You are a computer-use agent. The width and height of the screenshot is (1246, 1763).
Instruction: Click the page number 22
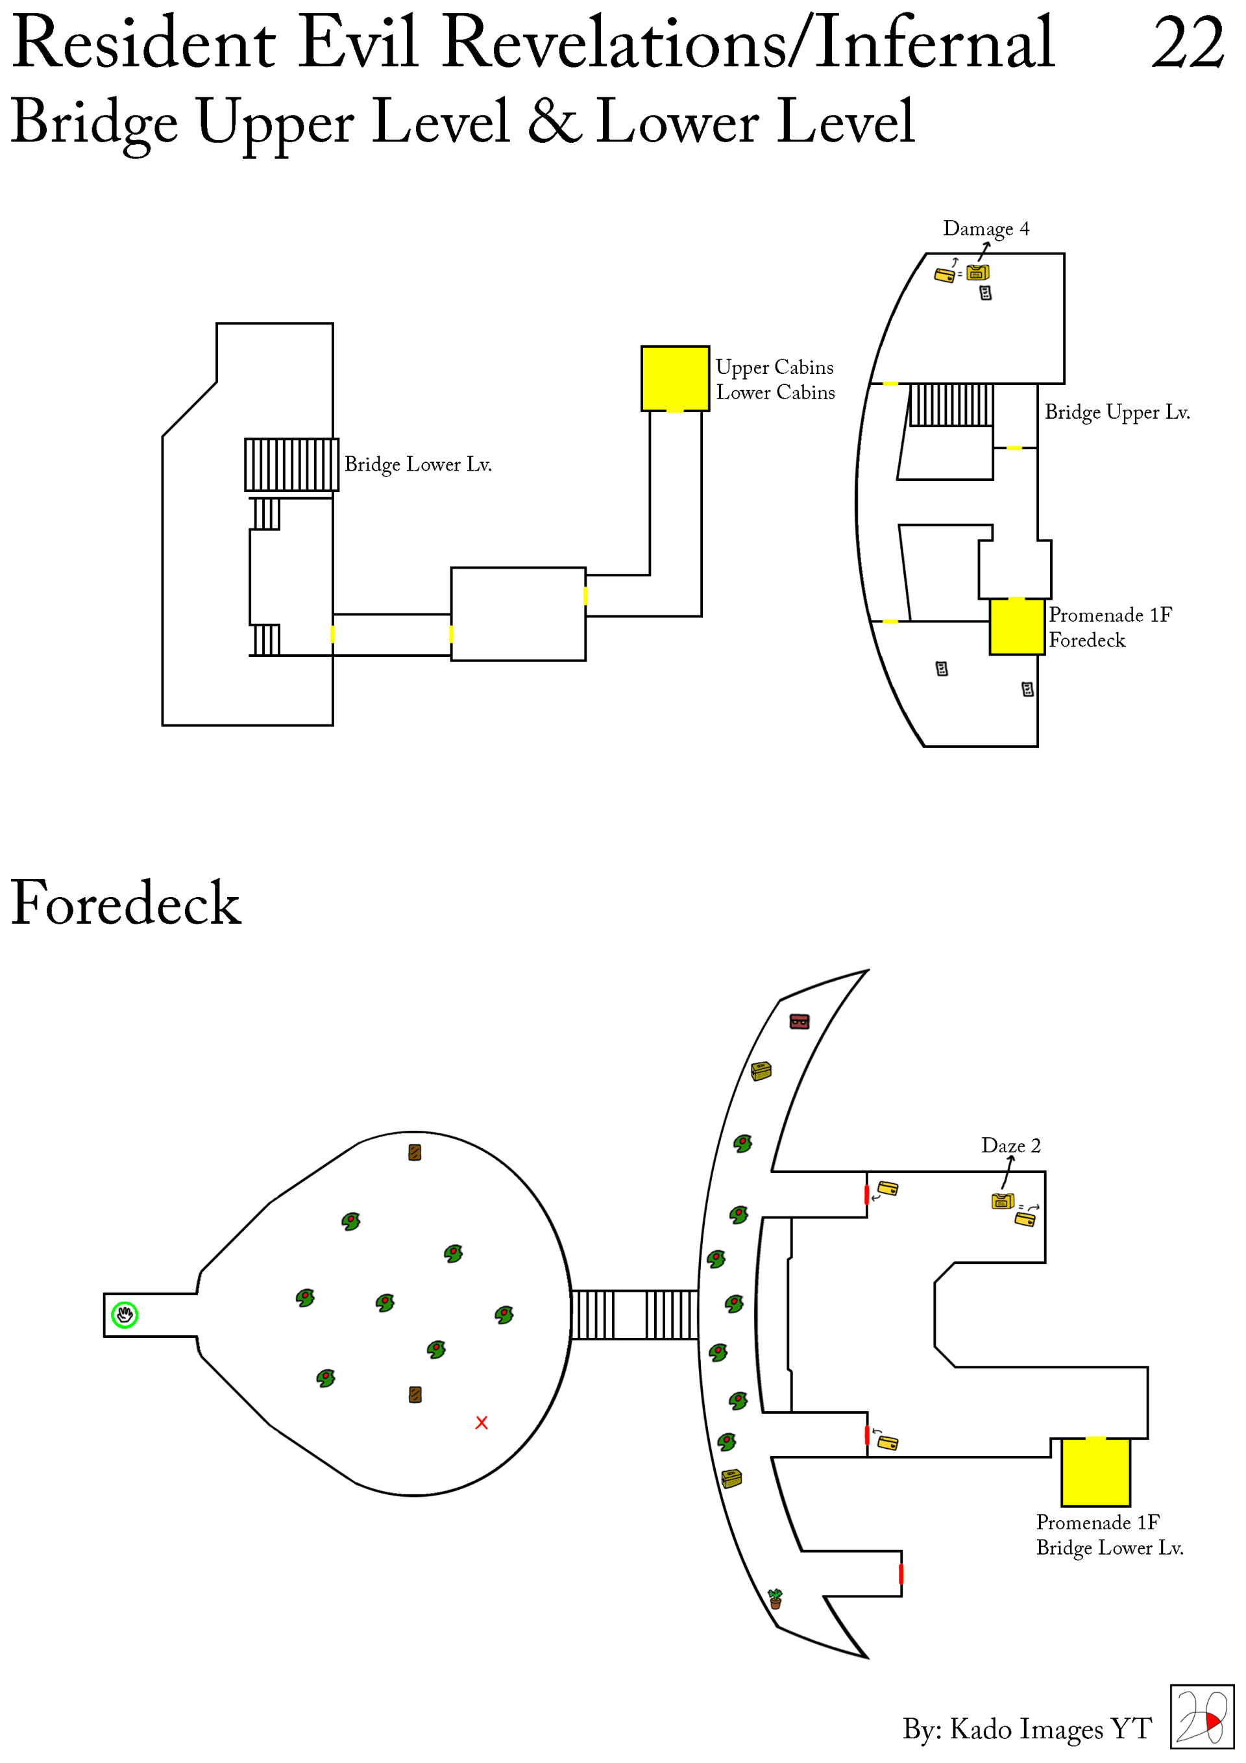coord(1187,43)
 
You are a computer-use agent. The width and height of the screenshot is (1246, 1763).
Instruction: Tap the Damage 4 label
coord(986,229)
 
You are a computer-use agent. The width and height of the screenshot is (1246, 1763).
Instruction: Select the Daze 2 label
coord(1010,1146)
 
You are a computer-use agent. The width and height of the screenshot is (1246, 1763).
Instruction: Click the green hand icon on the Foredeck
coord(125,1315)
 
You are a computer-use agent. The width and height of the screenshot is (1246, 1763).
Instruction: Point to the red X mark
coord(482,1423)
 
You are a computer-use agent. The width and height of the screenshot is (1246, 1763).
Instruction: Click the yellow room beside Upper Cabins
coord(675,378)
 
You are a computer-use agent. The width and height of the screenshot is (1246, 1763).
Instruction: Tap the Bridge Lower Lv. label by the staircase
coord(418,465)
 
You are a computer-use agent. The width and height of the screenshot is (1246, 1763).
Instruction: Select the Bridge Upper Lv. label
coord(1117,412)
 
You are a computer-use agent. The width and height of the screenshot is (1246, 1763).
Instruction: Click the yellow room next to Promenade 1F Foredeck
coord(1016,626)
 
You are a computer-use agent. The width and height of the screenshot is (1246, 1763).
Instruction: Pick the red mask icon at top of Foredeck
coord(799,1022)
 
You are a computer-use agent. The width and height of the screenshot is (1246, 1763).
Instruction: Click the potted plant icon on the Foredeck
coord(776,1599)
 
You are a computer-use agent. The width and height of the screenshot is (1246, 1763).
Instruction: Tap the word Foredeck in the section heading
coord(126,904)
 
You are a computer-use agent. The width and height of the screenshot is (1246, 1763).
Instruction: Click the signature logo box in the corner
coord(1201,1717)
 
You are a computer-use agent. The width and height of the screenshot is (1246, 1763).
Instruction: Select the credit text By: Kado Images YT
coord(1027,1729)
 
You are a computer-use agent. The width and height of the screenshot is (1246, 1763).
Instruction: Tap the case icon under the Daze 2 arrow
coord(1002,1201)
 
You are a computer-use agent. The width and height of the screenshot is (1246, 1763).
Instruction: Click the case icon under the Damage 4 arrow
coord(977,273)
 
